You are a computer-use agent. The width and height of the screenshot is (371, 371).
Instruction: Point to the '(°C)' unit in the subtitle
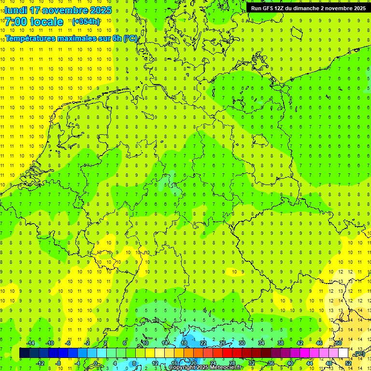click(x=130, y=38)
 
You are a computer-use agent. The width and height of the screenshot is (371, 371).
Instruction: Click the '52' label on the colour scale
click(x=348, y=363)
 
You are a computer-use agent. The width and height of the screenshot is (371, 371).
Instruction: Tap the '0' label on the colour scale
click(x=96, y=363)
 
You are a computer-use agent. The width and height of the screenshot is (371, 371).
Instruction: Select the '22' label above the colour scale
click(x=203, y=343)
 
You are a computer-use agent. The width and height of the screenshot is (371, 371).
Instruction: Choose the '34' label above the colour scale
click(x=261, y=343)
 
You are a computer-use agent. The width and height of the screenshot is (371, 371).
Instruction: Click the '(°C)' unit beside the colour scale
click(x=359, y=354)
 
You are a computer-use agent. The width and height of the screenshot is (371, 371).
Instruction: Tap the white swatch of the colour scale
click(x=343, y=353)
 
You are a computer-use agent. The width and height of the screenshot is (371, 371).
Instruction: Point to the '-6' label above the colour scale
click(x=69, y=343)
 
